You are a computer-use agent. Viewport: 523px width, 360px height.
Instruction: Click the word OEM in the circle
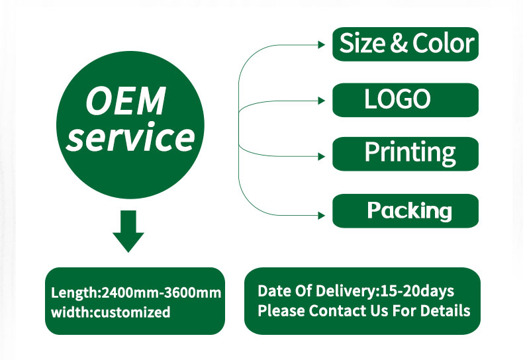click(x=125, y=101)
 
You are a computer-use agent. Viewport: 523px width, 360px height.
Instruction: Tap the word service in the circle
click(x=130, y=137)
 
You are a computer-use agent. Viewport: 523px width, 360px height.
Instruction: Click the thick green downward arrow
click(x=128, y=231)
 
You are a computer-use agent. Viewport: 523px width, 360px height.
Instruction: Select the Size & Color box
click(x=405, y=44)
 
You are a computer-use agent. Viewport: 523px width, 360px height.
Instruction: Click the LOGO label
click(x=397, y=99)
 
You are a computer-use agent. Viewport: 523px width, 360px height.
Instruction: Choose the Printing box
click(x=405, y=154)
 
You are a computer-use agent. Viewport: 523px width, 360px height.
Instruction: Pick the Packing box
click(x=405, y=210)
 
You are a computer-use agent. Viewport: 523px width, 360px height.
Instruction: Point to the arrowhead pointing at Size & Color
click(x=322, y=44)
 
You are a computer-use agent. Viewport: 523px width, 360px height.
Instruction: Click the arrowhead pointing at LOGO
click(x=322, y=101)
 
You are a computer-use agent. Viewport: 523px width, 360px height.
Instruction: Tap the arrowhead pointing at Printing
click(x=322, y=156)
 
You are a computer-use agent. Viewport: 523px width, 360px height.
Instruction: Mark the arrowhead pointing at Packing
click(x=322, y=215)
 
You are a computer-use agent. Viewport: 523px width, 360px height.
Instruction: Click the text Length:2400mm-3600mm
click(x=136, y=292)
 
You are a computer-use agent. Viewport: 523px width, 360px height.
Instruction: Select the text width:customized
click(x=111, y=312)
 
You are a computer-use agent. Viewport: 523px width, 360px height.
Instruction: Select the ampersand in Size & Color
click(x=399, y=43)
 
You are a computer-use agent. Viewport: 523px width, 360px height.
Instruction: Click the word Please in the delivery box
click(x=281, y=310)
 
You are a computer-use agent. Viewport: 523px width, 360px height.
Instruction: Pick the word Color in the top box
click(x=444, y=43)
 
